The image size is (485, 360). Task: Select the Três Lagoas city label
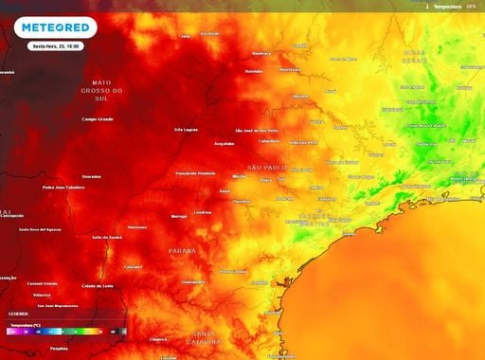pyautogui.click(x=187, y=130)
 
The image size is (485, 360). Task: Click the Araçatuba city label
pyautogui.click(x=225, y=144)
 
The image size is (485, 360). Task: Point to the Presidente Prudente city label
pyautogui.click(x=196, y=173)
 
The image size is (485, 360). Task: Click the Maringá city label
pyautogui.click(x=179, y=216)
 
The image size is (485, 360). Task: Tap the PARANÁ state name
pyautogui.click(x=182, y=250)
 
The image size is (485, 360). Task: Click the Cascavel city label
pyautogui.click(x=133, y=267)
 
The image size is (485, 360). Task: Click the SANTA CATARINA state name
pyautogui.click(x=206, y=338)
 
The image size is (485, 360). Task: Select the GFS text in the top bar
pyautogui.click(x=471, y=6)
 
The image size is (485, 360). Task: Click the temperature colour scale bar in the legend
pyautogui.click(x=63, y=332)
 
